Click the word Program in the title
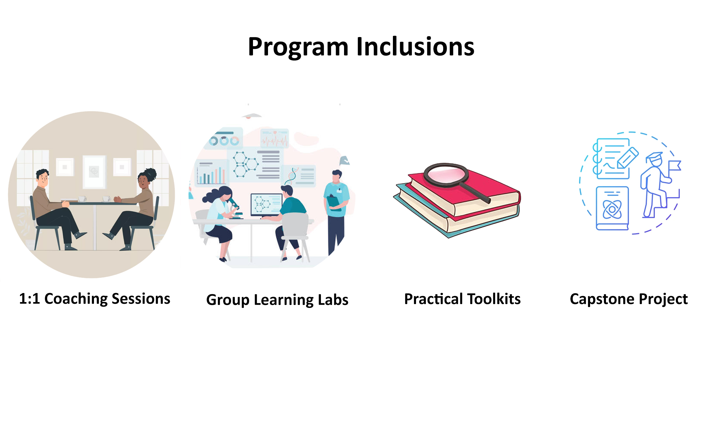pos(298,47)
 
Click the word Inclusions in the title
pos(415,47)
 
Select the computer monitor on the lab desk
pos(267,205)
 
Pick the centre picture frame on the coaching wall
pos(94,172)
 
